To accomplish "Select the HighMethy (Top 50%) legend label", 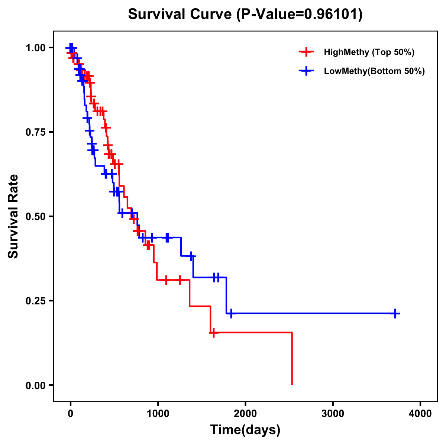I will [x=369, y=52].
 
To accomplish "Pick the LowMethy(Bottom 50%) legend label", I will [x=374, y=71].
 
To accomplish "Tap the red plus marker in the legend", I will [x=306, y=52].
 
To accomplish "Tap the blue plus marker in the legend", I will [x=306, y=71].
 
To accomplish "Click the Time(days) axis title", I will [x=245, y=430].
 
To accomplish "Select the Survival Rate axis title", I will [x=13, y=216].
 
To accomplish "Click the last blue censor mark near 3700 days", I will [x=395, y=313].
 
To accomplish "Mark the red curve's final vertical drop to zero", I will [x=292, y=359].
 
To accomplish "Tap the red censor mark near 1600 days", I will [x=213, y=333].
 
